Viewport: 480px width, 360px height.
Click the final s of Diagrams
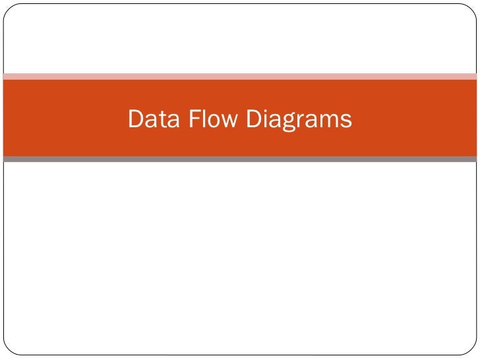[x=346, y=121]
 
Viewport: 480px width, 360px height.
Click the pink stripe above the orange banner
[x=240, y=76]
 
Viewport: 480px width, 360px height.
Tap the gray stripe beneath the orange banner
[x=240, y=159]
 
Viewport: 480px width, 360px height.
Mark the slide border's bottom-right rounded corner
[x=471, y=351]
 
